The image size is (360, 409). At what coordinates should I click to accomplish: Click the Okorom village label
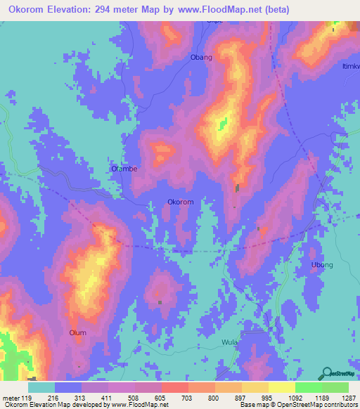pos(180,202)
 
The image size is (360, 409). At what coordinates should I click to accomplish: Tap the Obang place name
pos(201,58)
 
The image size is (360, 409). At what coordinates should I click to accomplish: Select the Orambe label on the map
pos(124,169)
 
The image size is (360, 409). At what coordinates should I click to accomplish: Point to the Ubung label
pos(322,265)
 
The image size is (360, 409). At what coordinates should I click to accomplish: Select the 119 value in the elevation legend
pos(28,397)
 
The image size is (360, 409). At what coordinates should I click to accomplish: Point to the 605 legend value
pos(161,397)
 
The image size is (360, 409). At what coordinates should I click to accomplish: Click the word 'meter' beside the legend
pos(11,397)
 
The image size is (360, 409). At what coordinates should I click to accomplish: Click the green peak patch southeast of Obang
pos(224,124)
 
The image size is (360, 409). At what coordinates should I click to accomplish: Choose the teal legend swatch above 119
pos(41,387)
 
